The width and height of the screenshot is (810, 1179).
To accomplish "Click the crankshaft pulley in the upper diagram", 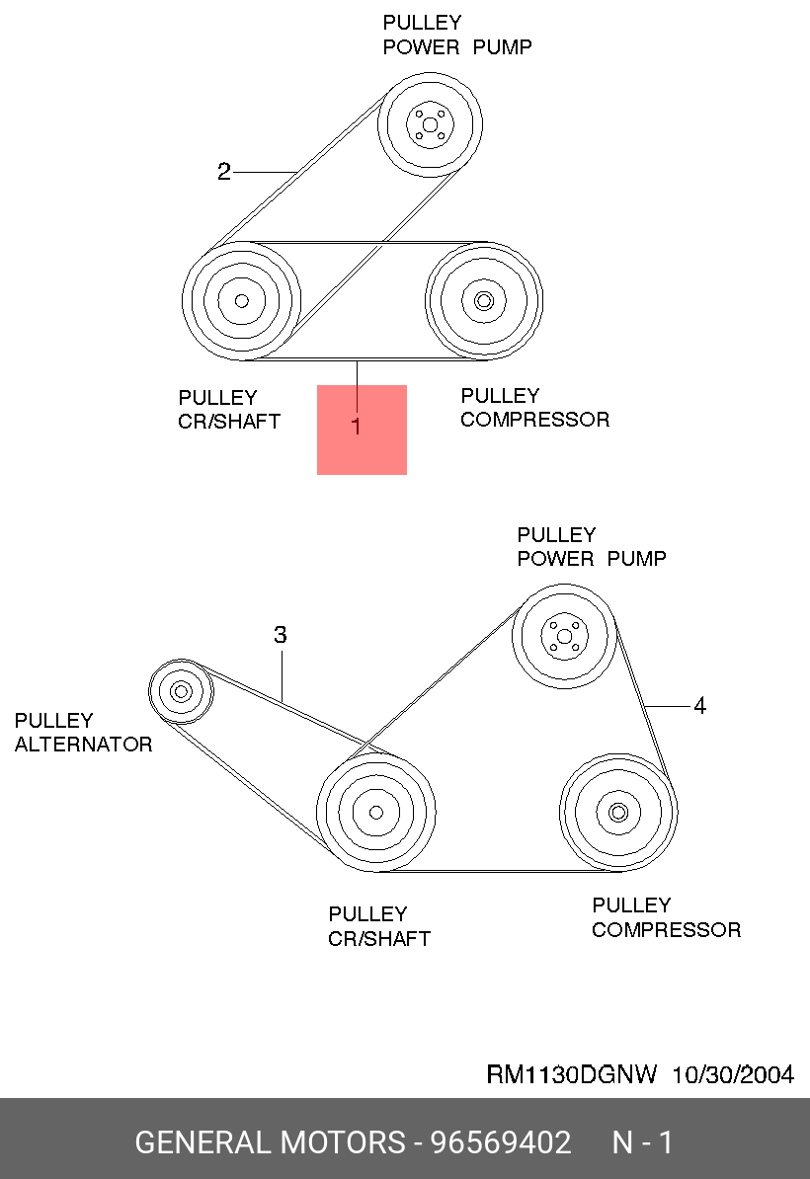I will pos(241,300).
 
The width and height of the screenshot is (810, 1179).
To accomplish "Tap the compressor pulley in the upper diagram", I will pos(483,300).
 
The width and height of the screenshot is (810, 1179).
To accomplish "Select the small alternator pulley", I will pos(181,691).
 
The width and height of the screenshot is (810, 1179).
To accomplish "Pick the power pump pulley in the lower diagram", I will pos(564,637).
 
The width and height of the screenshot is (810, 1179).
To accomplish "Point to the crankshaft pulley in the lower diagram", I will pos(375,812).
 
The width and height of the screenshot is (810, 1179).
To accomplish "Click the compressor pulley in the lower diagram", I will pos(618,812).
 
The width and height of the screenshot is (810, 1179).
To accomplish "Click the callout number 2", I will pos(224,173).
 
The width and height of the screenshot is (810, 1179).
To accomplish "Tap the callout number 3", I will pos(281,635).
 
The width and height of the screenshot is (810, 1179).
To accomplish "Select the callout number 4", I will pos(699,706).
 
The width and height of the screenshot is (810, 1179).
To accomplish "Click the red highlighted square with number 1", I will pos(362,430).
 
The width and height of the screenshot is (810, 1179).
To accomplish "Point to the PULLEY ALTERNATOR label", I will pos(83,733).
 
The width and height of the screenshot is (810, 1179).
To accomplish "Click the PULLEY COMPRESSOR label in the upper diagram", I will pos(534,408).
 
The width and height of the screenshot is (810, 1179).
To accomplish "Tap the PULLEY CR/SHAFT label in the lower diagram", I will pos(379,926).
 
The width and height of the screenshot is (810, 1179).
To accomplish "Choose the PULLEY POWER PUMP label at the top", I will pos(456,35).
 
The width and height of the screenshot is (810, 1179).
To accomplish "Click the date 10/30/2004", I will pos(733,1074).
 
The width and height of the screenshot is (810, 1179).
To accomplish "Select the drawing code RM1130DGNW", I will pos(572,1074).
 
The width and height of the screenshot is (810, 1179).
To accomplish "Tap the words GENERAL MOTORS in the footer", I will pos(270,1142).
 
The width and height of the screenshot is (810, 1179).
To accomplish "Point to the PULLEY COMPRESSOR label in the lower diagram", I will pos(666,917).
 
